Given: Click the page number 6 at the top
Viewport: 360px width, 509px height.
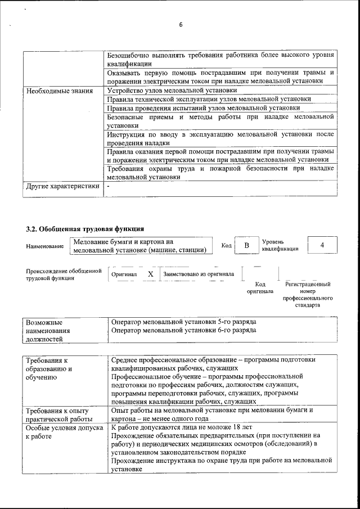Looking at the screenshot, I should point(181,25).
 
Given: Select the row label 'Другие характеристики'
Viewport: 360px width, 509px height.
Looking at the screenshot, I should point(62,186).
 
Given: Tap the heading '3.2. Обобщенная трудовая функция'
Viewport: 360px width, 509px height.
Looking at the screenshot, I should point(85,229).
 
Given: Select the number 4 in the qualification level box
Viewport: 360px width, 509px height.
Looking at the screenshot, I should point(322,245).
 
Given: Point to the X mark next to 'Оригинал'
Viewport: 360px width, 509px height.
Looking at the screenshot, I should point(150,274).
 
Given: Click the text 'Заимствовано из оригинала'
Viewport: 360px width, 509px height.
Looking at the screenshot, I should point(199,274).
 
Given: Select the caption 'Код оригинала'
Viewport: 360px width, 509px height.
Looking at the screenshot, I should point(260,288).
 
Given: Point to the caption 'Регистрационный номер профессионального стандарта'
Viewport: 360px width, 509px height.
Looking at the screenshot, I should point(308,295).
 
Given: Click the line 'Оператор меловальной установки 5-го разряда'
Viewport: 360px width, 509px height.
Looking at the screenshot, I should point(184,322).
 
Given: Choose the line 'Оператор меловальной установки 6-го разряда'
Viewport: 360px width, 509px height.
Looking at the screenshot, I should point(184,330).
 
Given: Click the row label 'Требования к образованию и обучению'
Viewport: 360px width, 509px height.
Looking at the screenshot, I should point(49,368).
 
